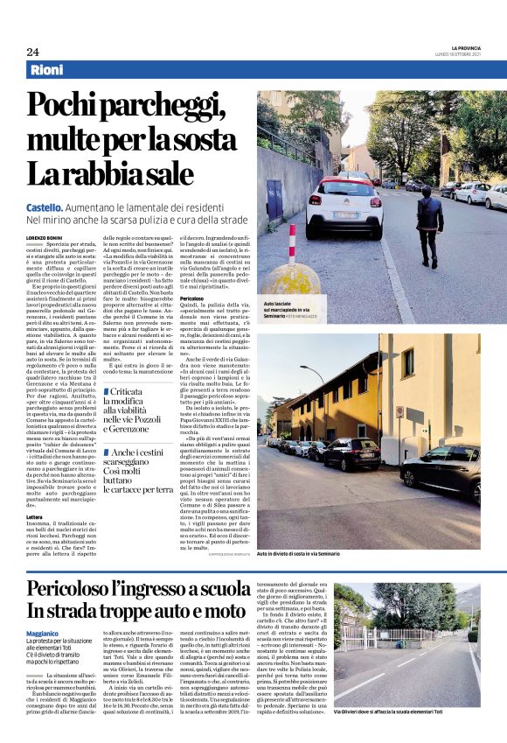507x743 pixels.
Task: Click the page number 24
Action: click(x=32, y=52)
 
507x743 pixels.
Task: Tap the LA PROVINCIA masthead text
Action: click(x=468, y=47)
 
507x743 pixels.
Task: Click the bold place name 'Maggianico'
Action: click(x=43, y=631)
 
